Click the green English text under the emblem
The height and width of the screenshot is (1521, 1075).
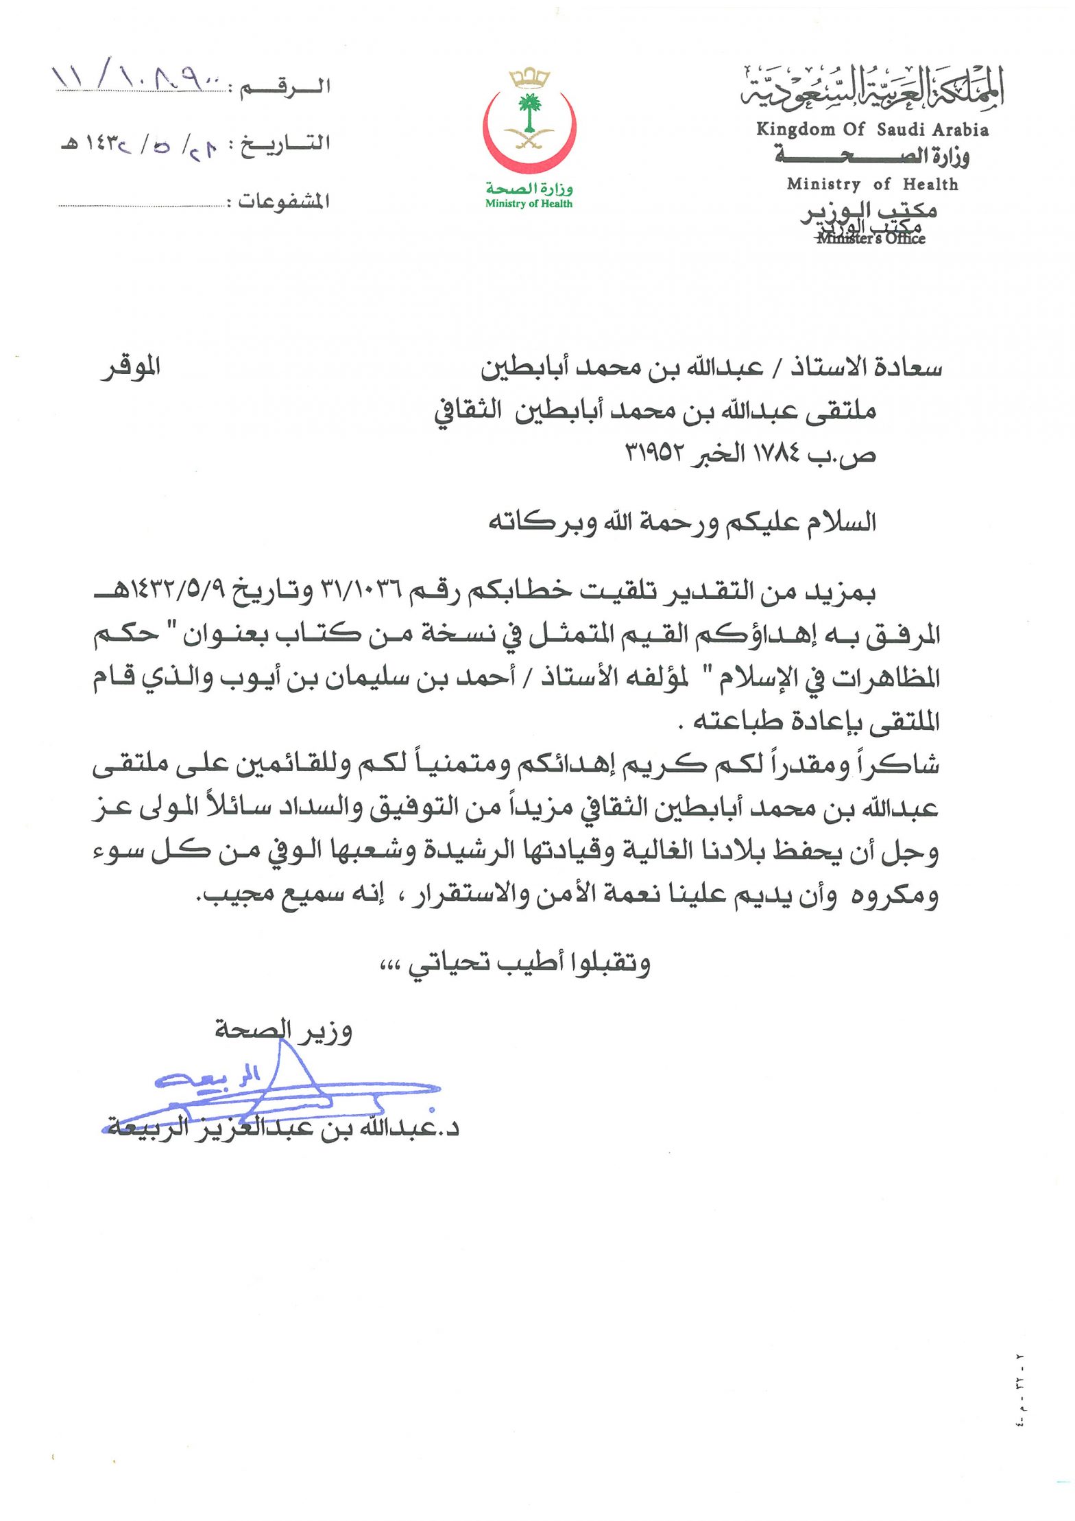(529, 204)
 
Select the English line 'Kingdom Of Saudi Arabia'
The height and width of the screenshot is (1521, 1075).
(872, 130)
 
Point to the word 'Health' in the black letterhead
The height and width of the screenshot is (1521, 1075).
(930, 184)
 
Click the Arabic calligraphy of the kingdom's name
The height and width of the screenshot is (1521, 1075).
(872, 89)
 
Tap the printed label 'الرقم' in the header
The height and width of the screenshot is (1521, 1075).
(287, 88)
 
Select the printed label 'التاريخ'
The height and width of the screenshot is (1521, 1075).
(287, 144)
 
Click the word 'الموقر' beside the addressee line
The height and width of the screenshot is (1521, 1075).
(131, 368)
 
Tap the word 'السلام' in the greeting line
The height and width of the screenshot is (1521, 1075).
(843, 522)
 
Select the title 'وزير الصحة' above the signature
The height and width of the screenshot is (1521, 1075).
(283, 1030)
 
